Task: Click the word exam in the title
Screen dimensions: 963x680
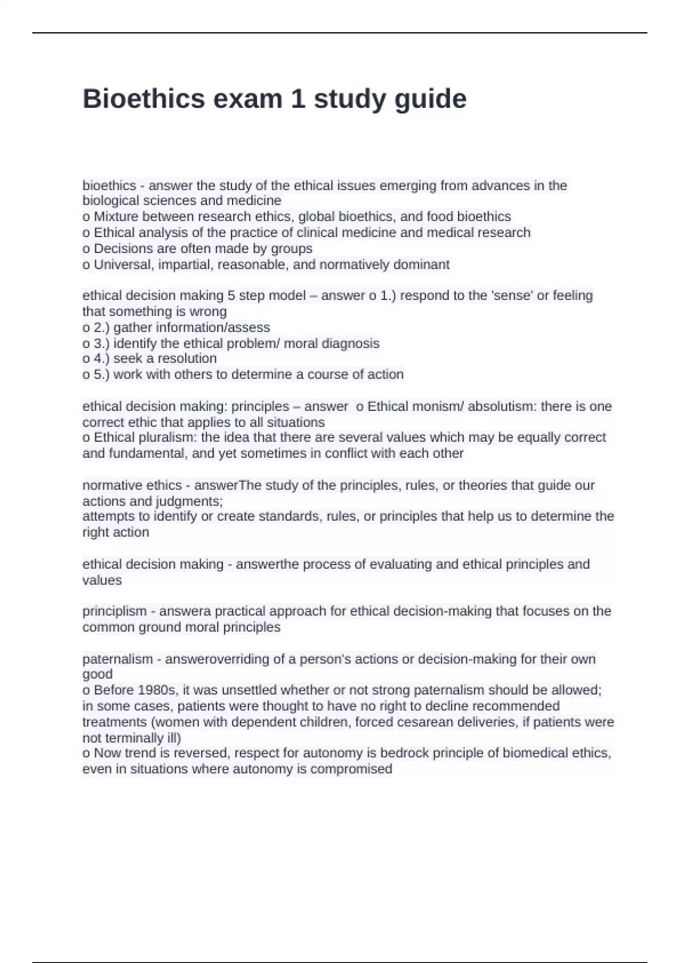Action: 248,99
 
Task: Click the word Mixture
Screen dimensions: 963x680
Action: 116,216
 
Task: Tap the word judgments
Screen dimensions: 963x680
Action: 192,501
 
